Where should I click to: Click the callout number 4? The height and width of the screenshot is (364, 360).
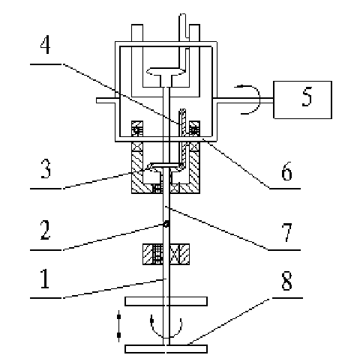click(x=45, y=44)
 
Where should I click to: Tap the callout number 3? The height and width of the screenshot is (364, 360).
click(x=46, y=169)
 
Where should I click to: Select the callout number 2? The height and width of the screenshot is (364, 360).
click(x=45, y=230)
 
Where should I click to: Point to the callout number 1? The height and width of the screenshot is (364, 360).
click(x=45, y=279)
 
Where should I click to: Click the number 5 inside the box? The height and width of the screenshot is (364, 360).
click(x=307, y=97)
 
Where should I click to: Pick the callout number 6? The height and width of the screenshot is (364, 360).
click(x=286, y=171)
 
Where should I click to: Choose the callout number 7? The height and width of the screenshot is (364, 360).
click(x=286, y=233)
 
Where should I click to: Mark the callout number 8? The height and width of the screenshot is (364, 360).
click(x=286, y=281)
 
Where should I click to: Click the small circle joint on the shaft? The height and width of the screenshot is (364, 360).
click(x=166, y=224)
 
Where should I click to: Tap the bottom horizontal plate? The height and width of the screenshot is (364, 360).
click(x=166, y=349)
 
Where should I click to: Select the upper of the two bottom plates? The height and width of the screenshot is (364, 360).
click(x=166, y=301)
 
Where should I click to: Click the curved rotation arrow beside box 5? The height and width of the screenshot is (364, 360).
click(x=259, y=100)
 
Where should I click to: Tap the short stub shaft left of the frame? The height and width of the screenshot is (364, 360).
click(x=106, y=100)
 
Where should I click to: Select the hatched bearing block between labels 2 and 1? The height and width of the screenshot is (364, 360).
click(x=166, y=254)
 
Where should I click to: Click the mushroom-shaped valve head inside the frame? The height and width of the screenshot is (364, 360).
click(x=166, y=71)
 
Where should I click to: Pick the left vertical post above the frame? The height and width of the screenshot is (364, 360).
click(x=137, y=33)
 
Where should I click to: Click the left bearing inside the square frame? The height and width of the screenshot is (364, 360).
click(x=137, y=129)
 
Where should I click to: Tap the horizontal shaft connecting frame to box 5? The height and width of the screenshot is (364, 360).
click(x=245, y=100)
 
